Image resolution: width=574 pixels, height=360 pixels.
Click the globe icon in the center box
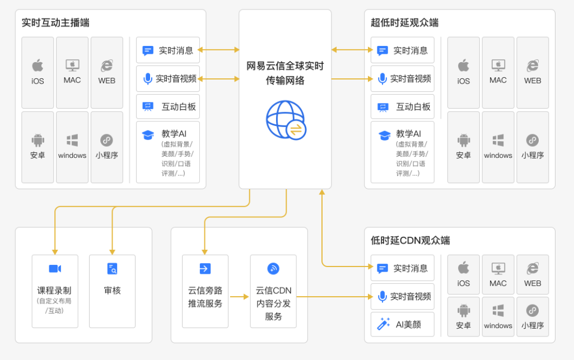tap(286, 119)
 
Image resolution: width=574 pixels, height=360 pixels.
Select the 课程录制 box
tap(55, 291)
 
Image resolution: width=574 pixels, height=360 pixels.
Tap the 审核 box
tap(112, 291)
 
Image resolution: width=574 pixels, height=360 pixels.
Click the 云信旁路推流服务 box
tap(205, 291)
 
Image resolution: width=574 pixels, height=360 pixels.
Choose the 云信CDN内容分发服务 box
tap(273, 291)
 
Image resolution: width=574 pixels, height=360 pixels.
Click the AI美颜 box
tap(402, 324)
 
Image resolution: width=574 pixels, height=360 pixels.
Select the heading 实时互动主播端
tap(55, 23)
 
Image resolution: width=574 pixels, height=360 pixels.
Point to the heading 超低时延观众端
tap(404, 23)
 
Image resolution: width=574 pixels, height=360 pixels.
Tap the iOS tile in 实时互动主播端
tap(38, 73)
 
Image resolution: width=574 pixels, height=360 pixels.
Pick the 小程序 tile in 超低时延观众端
tap(533, 147)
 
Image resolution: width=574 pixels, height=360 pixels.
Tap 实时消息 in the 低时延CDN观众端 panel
tap(402, 268)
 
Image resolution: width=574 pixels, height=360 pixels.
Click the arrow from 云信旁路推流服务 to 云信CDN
tap(239, 297)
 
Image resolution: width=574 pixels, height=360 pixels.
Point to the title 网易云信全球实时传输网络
tap(285, 73)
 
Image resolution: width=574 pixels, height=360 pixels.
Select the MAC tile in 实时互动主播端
tap(72, 73)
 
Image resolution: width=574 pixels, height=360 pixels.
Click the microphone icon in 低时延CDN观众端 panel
tap(382, 297)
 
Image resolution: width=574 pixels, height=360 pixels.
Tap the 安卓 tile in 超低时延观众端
tap(464, 147)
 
